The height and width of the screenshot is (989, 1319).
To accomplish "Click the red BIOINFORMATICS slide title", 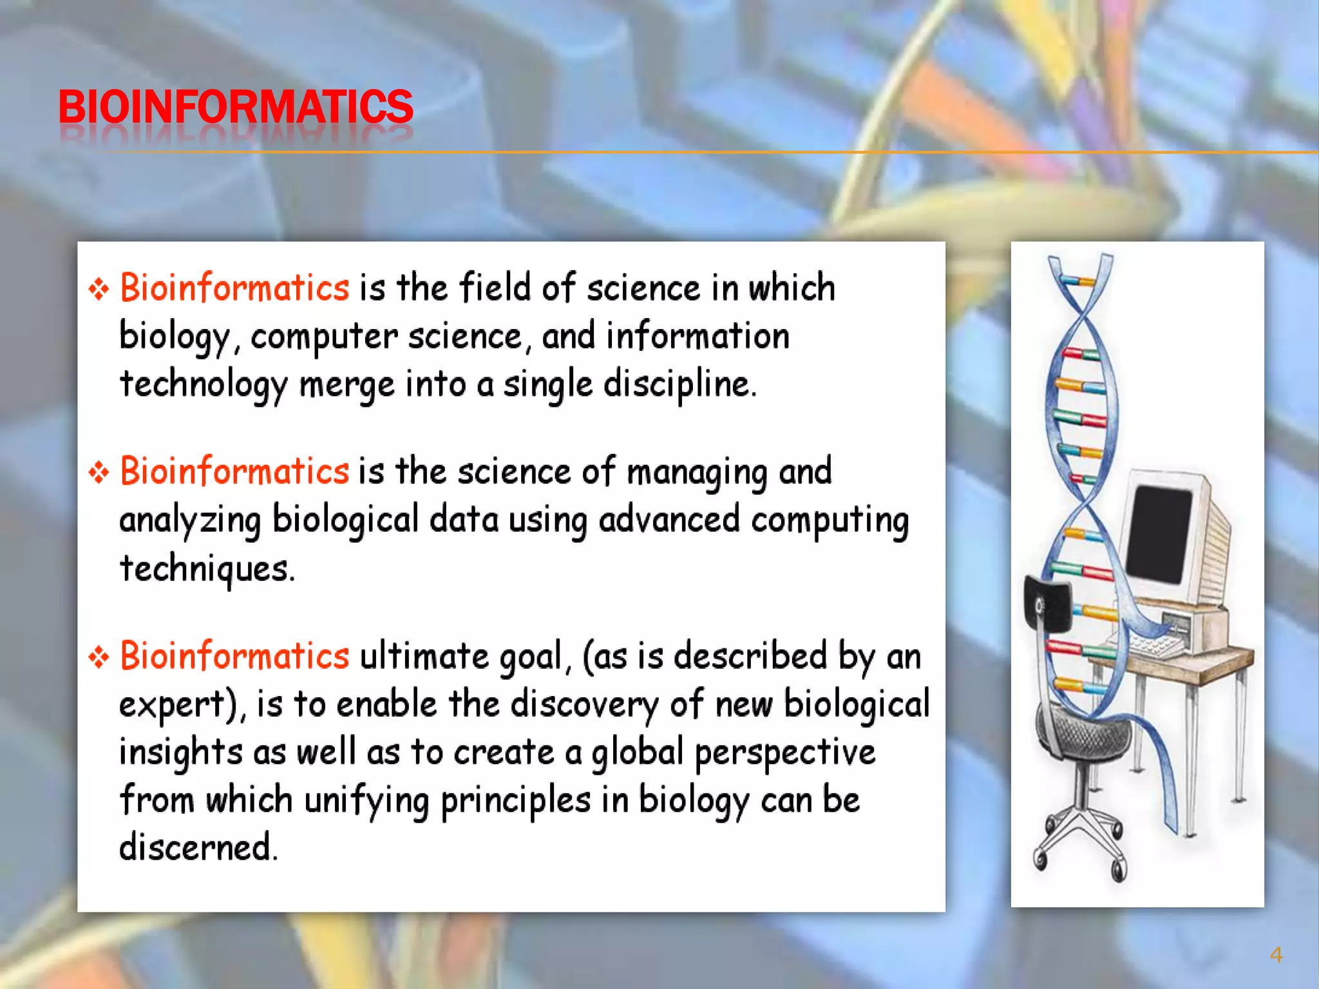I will [x=236, y=107].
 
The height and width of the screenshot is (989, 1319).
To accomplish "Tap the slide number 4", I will [x=1276, y=955].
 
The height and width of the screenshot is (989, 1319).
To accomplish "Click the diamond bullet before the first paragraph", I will [x=99, y=288].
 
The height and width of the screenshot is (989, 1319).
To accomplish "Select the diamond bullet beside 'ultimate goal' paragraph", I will [x=99, y=657].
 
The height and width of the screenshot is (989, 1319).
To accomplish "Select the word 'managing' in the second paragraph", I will [x=697, y=473].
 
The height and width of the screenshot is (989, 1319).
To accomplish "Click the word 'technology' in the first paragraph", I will [x=204, y=386].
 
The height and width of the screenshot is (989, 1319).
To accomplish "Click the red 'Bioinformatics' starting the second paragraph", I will [x=235, y=471].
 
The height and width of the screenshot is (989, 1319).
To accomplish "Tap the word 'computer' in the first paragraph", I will [x=324, y=337].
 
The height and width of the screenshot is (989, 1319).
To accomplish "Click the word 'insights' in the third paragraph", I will [x=180, y=753].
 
